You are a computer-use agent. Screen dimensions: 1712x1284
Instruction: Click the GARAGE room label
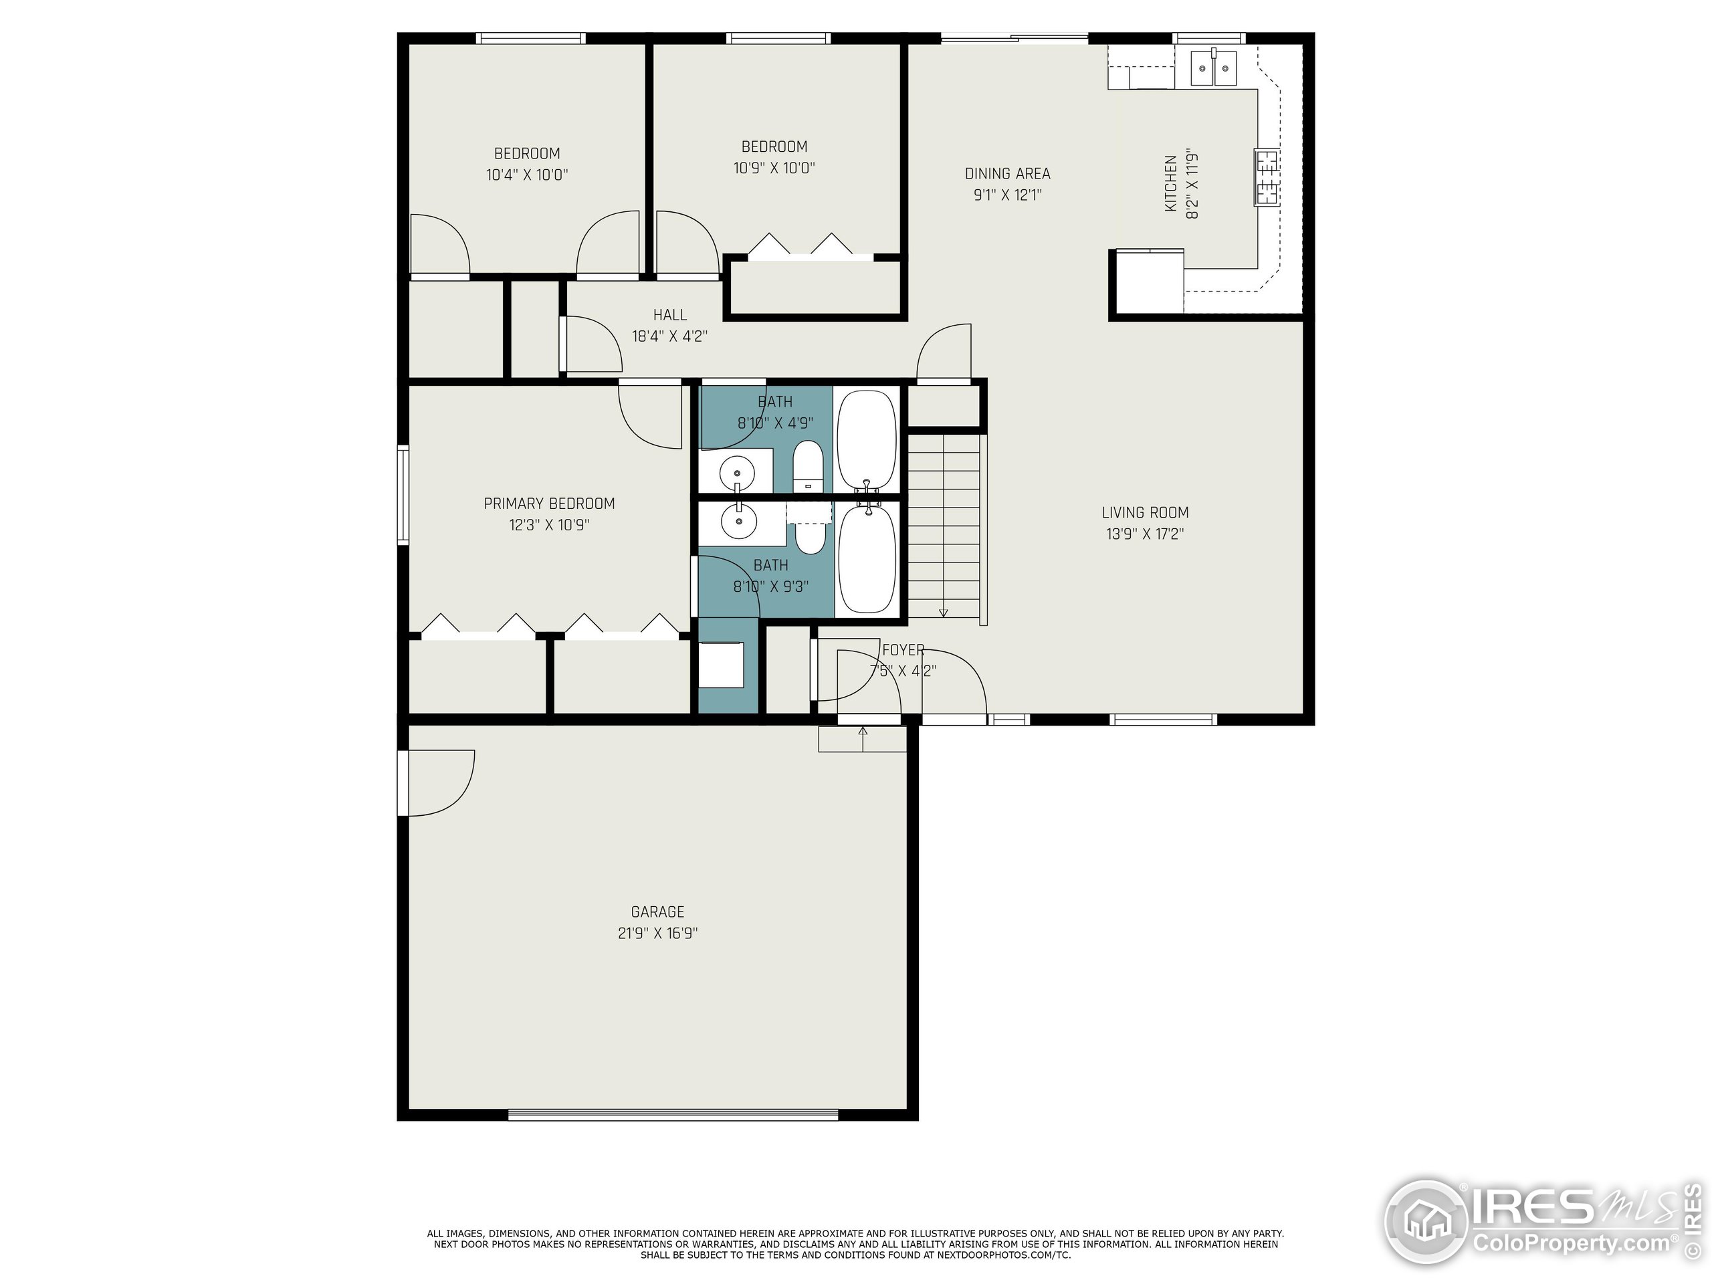click(657, 912)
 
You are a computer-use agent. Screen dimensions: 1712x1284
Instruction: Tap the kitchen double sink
click(1214, 68)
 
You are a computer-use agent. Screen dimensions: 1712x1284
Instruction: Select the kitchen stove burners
click(1266, 177)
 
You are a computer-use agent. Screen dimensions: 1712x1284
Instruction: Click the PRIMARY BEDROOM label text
click(550, 504)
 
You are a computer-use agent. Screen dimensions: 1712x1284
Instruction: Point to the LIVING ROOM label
click(1146, 512)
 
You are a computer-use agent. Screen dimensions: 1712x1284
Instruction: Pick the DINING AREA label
click(1008, 174)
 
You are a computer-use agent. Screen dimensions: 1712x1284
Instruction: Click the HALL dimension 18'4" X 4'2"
click(670, 336)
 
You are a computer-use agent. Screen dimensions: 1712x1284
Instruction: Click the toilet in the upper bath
click(807, 466)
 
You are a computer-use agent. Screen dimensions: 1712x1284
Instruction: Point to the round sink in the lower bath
click(739, 522)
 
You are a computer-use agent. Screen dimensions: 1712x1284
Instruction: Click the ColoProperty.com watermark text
click(1572, 1244)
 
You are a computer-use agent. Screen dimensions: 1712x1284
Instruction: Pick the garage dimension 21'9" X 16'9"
click(657, 934)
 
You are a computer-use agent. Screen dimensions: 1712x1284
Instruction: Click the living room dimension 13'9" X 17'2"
click(1146, 534)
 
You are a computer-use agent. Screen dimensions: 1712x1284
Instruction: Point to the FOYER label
click(903, 650)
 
